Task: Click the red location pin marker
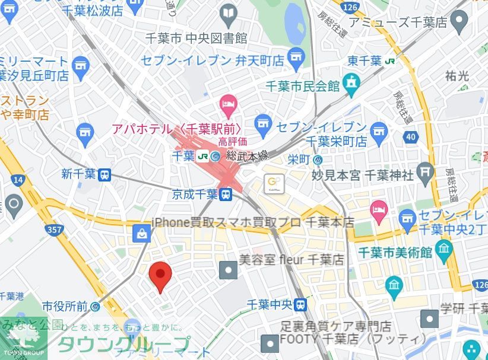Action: [160, 275]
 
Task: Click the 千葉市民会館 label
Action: [303, 86]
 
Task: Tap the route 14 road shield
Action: [18, 179]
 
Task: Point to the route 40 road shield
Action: [410, 138]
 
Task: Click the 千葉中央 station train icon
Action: [301, 305]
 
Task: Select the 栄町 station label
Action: [300, 159]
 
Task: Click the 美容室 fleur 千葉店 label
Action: [291, 259]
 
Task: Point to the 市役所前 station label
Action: [65, 307]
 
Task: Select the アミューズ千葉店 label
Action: [398, 23]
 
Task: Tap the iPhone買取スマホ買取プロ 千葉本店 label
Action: [253, 222]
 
